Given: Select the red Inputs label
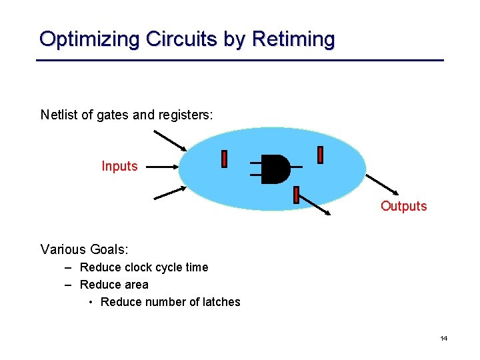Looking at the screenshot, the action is [x=119, y=166].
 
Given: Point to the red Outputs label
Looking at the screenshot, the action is [x=403, y=206].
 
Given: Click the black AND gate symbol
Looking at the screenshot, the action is [x=275, y=169].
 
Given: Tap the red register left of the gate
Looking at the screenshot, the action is [x=224, y=159].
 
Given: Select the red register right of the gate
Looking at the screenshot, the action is [x=320, y=155].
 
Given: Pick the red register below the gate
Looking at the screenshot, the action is [x=296, y=195].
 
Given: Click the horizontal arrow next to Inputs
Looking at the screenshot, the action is [x=163, y=167].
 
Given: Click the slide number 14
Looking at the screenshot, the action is [x=443, y=339].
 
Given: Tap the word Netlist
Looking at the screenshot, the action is [x=57, y=115].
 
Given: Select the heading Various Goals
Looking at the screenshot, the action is [x=84, y=249].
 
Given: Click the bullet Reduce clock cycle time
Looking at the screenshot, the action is [x=143, y=267].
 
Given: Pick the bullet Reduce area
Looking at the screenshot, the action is [x=114, y=285].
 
